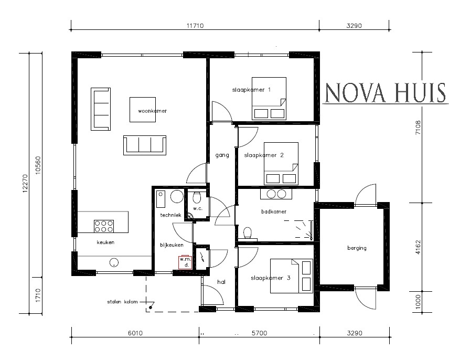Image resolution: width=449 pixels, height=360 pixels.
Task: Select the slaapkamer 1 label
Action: (x=251, y=90)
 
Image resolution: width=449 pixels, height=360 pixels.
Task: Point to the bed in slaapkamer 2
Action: (x=281, y=164)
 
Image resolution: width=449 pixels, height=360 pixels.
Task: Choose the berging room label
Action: (x=357, y=248)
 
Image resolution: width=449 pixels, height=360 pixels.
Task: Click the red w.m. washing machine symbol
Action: (x=185, y=262)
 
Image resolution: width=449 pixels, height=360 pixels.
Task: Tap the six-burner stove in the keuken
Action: (x=104, y=226)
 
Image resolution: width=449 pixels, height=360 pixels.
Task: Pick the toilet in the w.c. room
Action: (x=197, y=197)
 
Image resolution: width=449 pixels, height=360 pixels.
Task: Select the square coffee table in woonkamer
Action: (x=143, y=109)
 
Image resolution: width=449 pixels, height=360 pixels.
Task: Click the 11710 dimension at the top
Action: (x=195, y=25)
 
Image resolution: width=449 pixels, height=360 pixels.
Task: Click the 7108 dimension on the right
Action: (x=418, y=128)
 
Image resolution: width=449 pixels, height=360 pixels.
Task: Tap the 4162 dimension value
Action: (x=418, y=247)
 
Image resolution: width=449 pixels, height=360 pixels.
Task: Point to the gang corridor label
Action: (x=222, y=155)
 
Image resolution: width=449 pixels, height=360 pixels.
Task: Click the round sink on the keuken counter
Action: (x=113, y=262)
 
